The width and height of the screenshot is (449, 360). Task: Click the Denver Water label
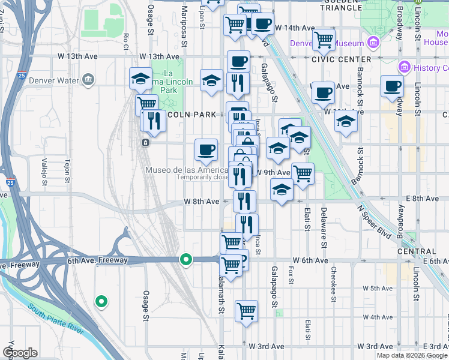coord(58,80)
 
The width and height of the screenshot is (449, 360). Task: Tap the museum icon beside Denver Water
coord(89,79)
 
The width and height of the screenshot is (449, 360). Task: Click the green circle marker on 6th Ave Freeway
coord(187,260)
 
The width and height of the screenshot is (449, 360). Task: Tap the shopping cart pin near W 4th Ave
coord(246,311)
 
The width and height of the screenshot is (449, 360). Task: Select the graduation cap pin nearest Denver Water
coord(141,78)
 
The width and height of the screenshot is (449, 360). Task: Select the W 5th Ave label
coord(378,289)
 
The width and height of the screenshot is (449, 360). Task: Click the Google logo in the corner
coord(20,353)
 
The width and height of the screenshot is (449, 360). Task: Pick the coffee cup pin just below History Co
coord(392,86)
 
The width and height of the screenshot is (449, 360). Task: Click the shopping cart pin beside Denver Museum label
coord(324,40)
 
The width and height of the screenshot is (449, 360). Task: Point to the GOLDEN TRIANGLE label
coord(342,8)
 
